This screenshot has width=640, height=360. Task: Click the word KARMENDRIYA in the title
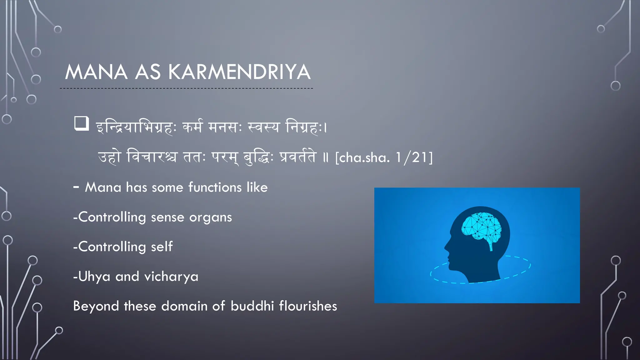click(x=239, y=72)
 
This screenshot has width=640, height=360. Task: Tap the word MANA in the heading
click(x=96, y=72)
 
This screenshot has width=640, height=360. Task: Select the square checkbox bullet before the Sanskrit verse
click(x=82, y=123)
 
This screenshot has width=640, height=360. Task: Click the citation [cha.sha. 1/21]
click(x=384, y=157)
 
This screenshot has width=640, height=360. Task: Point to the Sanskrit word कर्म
click(x=192, y=127)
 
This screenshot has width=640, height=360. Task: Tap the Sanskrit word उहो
click(x=109, y=157)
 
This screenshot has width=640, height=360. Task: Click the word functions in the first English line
click(x=215, y=187)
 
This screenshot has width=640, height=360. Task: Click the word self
click(x=162, y=247)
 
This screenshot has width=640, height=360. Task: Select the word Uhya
click(x=94, y=277)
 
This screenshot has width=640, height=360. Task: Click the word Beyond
click(x=96, y=306)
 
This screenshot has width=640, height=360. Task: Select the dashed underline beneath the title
click(x=186, y=88)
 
